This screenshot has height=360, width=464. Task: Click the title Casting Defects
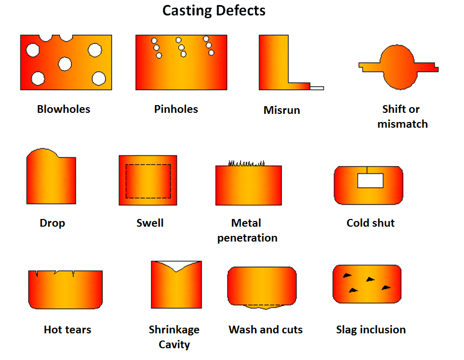coord(214,10)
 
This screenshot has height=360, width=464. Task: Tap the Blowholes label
coord(64,109)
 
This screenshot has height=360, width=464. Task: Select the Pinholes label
coord(176,109)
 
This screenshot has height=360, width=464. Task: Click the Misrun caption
coord(282,110)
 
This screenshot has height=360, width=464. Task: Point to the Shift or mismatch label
coord(402,116)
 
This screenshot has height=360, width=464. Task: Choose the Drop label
coord(52,223)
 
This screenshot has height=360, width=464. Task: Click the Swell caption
coord(150,223)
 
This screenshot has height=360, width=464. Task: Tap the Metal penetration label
coord(247,230)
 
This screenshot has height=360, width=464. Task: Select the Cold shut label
coord(371,223)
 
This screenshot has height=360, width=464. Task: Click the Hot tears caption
coord(67,330)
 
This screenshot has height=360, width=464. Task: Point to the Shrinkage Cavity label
coord(174,337)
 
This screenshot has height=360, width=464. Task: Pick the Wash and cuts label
coord(265,330)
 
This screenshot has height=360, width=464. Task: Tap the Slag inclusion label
coord(371,330)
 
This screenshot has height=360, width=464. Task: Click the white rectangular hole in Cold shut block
coord(370,180)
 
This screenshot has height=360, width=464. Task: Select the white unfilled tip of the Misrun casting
coord(317,88)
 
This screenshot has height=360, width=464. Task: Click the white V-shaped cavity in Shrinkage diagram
coord(175,266)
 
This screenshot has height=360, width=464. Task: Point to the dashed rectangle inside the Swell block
coord(148,181)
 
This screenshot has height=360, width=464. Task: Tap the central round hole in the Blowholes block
coord(65,64)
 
